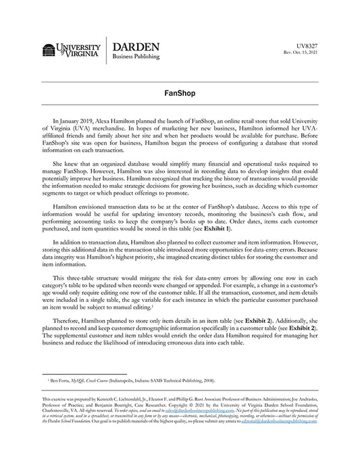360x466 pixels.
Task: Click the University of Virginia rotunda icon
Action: pyautogui.click(x=49, y=50)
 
